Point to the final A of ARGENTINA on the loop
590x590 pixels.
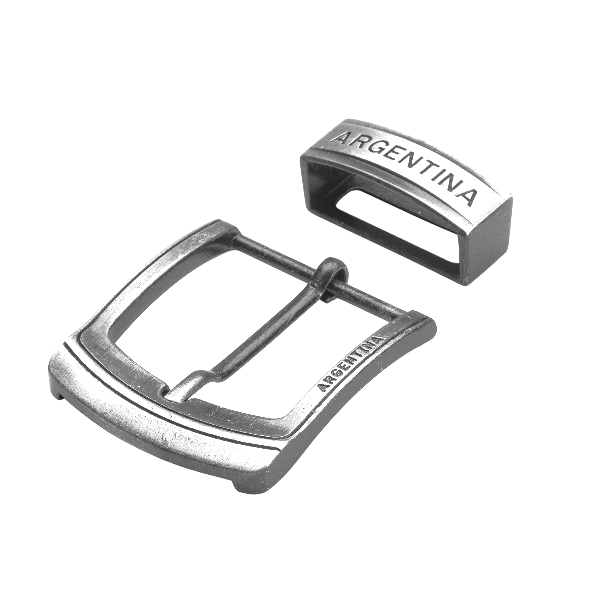coord(469,196)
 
